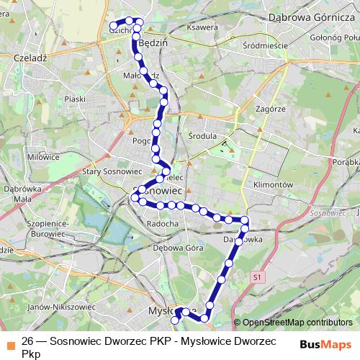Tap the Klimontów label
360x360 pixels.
coord(270,184)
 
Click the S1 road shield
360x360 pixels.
coord(256,276)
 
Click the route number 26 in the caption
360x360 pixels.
coord(28,341)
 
